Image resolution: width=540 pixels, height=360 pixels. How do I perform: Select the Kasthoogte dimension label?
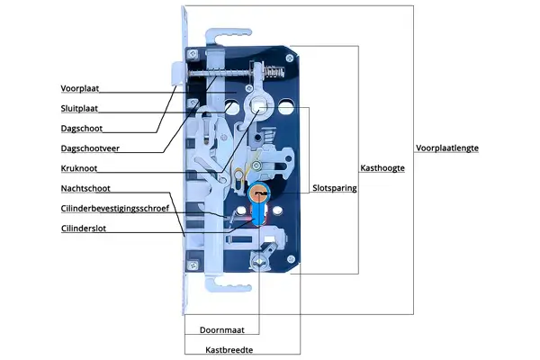(382, 168)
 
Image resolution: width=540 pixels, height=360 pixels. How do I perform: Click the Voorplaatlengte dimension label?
(447, 148)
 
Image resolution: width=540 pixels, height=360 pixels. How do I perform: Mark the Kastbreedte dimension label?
(229, 348)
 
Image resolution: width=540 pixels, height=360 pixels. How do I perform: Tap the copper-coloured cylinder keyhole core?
(260, 193)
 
